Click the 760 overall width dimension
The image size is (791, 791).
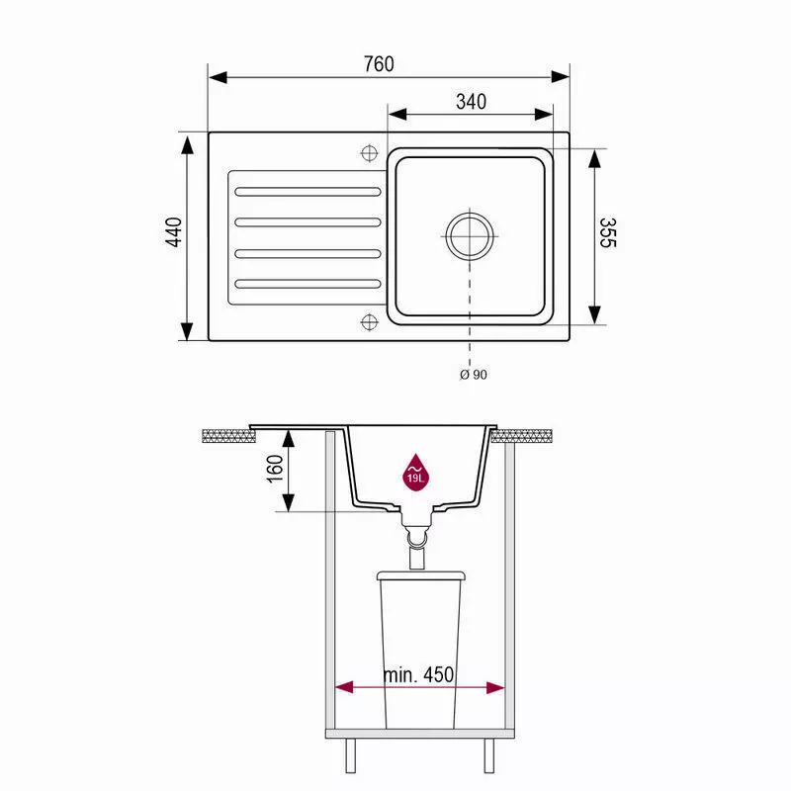pyautogui.click(x=379, y=64)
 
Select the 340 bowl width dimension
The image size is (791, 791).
pyautogui.click(x=472, y=102)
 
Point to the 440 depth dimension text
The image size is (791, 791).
pyautogui.click(x=174, y=232)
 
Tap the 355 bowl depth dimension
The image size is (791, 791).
pyautogui.click(x=608, y=233)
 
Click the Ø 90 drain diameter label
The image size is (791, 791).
pyautogui.click(x=474, y=375)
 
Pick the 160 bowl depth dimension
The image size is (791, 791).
pyautogui.click(x=275, y=469)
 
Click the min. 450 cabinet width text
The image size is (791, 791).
pyautogui.click(x=418, y=674)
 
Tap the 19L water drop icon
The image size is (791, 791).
pyautogui.click(x=415, y=473)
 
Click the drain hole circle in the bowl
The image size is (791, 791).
pyautogui.click(x=470, y=235)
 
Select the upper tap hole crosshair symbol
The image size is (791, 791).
pyautogui.click(x=369, y=153)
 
